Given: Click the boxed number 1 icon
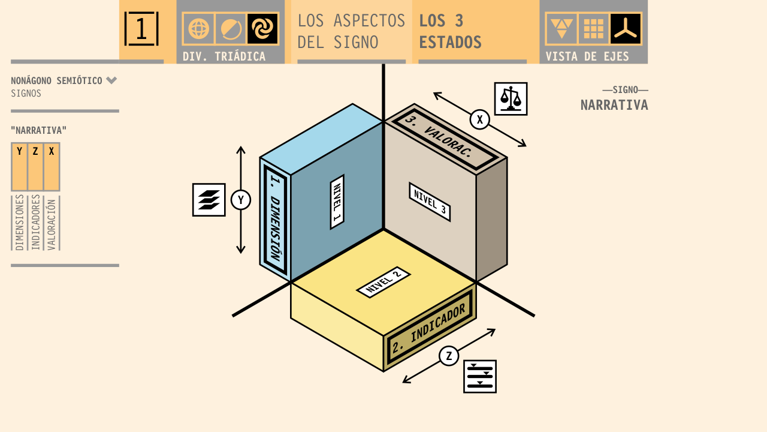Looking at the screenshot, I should tap(141, 29).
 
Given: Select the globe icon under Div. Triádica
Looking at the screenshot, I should tap(198, 29).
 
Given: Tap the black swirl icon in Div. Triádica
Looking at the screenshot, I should tap(262, 29).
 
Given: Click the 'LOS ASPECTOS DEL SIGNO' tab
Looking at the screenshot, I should tap(351, 31).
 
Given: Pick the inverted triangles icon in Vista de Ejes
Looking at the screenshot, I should tap(561, 29).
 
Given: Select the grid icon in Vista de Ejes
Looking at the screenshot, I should tap(594, 29).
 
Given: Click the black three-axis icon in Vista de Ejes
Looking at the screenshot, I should tap(626, 29).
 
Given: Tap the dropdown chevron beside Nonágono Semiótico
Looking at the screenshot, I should tap(111, 80).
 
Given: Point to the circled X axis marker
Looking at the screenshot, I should tap(479, 119).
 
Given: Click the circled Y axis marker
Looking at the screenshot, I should tap(241, 200).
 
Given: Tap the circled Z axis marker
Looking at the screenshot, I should tap(449, 356).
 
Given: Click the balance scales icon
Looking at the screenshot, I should tap(511, 98).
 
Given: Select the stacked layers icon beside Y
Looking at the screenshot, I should tap(209, 200).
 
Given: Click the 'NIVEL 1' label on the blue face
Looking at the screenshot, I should tap(337, 202).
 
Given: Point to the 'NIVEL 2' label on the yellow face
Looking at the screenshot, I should tap(383, 282).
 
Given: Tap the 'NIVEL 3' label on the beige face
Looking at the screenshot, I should tap(430, 202).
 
